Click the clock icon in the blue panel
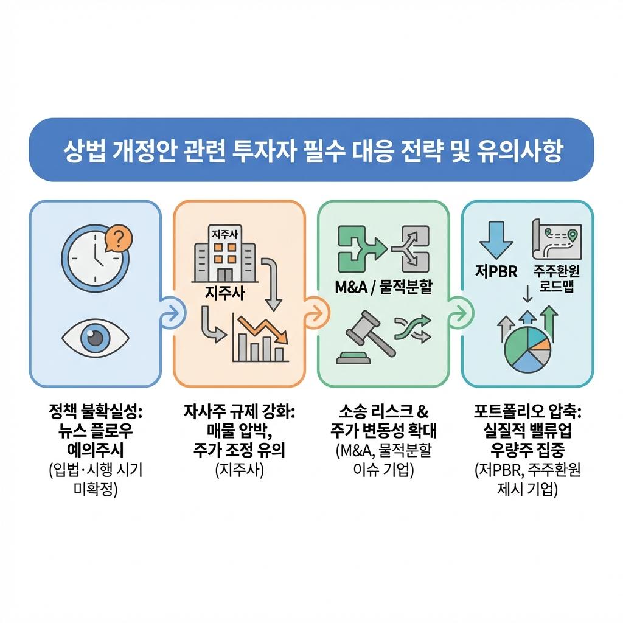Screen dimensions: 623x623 pyautogui.click(x=95, y=256)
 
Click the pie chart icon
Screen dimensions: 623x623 pyautogui.click(x=527, y=350)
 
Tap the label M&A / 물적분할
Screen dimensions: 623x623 pyautogui.click(x=383, y=287)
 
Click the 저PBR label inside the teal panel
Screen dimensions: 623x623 pyautogui.click(x=496, y=271)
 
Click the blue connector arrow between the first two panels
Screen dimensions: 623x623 pyautogui.click(x=171, y=313)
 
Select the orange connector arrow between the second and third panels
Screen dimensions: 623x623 pyautogui.click(x=315, y=313)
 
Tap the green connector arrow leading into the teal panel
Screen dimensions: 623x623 pyautogui.click(x=458, y=313)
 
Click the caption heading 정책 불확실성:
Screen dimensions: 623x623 pyautogui.click(x=95, y=412)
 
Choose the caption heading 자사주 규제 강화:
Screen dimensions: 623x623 pyautogui.click(x=239, y=412)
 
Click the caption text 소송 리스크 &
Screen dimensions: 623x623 pyautogui.click(x=383, y=412)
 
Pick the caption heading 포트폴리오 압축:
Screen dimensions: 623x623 pyautogui.click(x=527, y=412)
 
